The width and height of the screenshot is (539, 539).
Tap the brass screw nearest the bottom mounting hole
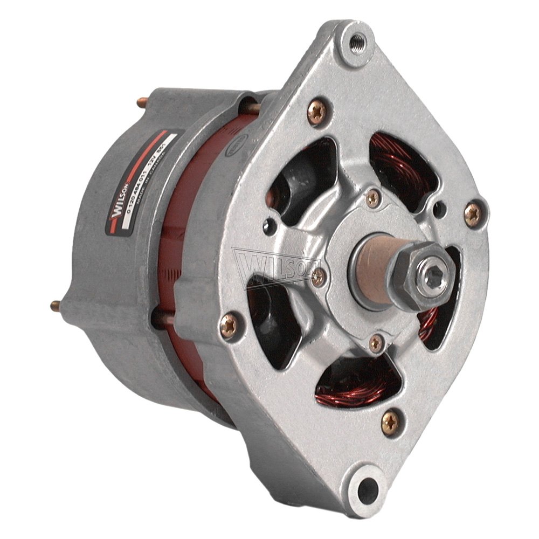click(x=389, y=419)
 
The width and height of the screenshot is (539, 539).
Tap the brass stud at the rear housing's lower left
click(x=54, y=306)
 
